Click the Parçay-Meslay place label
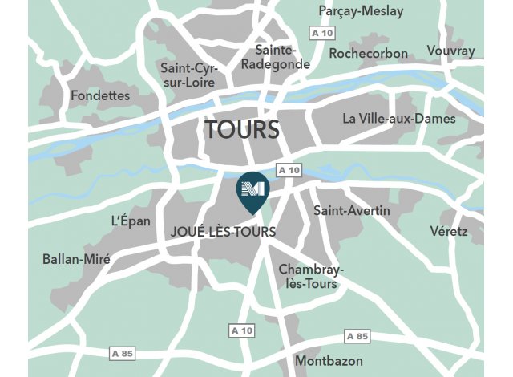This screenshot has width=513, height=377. pos(361,11)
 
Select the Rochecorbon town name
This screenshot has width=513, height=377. pos(368,54)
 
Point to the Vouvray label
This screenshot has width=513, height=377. pos(451,51)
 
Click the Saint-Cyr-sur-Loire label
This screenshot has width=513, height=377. pos(189,75)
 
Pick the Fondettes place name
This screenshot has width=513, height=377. pos(100,95)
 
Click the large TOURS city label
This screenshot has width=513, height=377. pos(241,129)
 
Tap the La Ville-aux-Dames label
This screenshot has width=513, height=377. pos(398,119)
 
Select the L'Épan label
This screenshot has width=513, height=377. pos(131,221)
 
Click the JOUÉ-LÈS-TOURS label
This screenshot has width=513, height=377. pos(224,232)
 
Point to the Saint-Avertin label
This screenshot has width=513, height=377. pos(351,211)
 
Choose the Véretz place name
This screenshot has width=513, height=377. pos(448,231)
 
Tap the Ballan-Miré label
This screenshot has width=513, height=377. pos(76,259)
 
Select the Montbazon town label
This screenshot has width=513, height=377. pos(329,361)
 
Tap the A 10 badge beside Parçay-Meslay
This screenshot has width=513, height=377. pos(322,33)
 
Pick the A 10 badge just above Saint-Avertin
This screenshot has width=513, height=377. pos(289,170)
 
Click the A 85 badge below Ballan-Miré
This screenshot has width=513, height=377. pos(122,353)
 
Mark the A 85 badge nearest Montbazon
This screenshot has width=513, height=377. pos(357,335)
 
